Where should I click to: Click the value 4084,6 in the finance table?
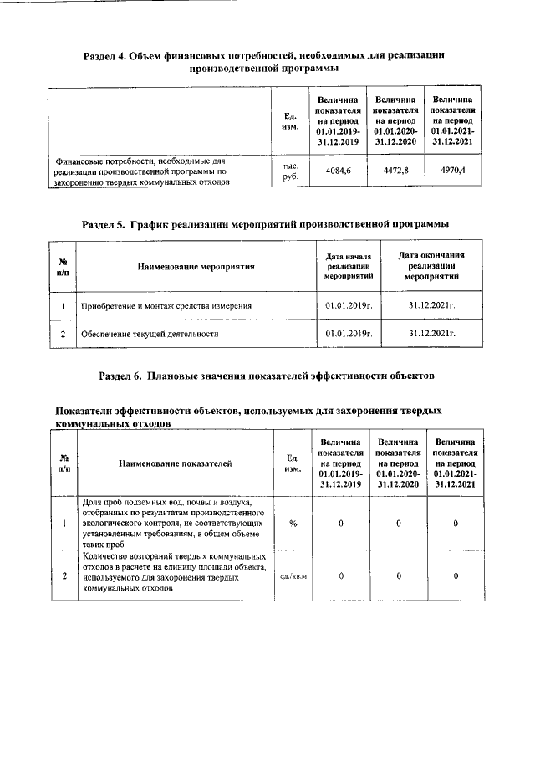(338, 171)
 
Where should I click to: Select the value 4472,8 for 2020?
(395, 171)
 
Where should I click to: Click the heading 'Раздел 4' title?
(263, 61)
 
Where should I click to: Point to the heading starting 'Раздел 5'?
(266, 223)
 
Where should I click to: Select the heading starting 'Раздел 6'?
(266, 376)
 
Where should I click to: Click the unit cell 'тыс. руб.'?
(290, 171)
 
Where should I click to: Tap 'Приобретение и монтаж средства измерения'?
(166, 306)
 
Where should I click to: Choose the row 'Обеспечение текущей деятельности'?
(150, 333)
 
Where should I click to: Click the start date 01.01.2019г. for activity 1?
(348, 306)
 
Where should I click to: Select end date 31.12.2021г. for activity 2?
(431, 333)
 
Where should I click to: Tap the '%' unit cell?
(293, 523)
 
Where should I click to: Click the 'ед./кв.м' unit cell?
(293, 575)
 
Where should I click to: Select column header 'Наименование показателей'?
(175, 463)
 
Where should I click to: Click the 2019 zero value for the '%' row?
(341, 523)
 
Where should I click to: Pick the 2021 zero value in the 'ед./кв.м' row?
(455, 575)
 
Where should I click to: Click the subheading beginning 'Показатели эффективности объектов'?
(247, 417)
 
